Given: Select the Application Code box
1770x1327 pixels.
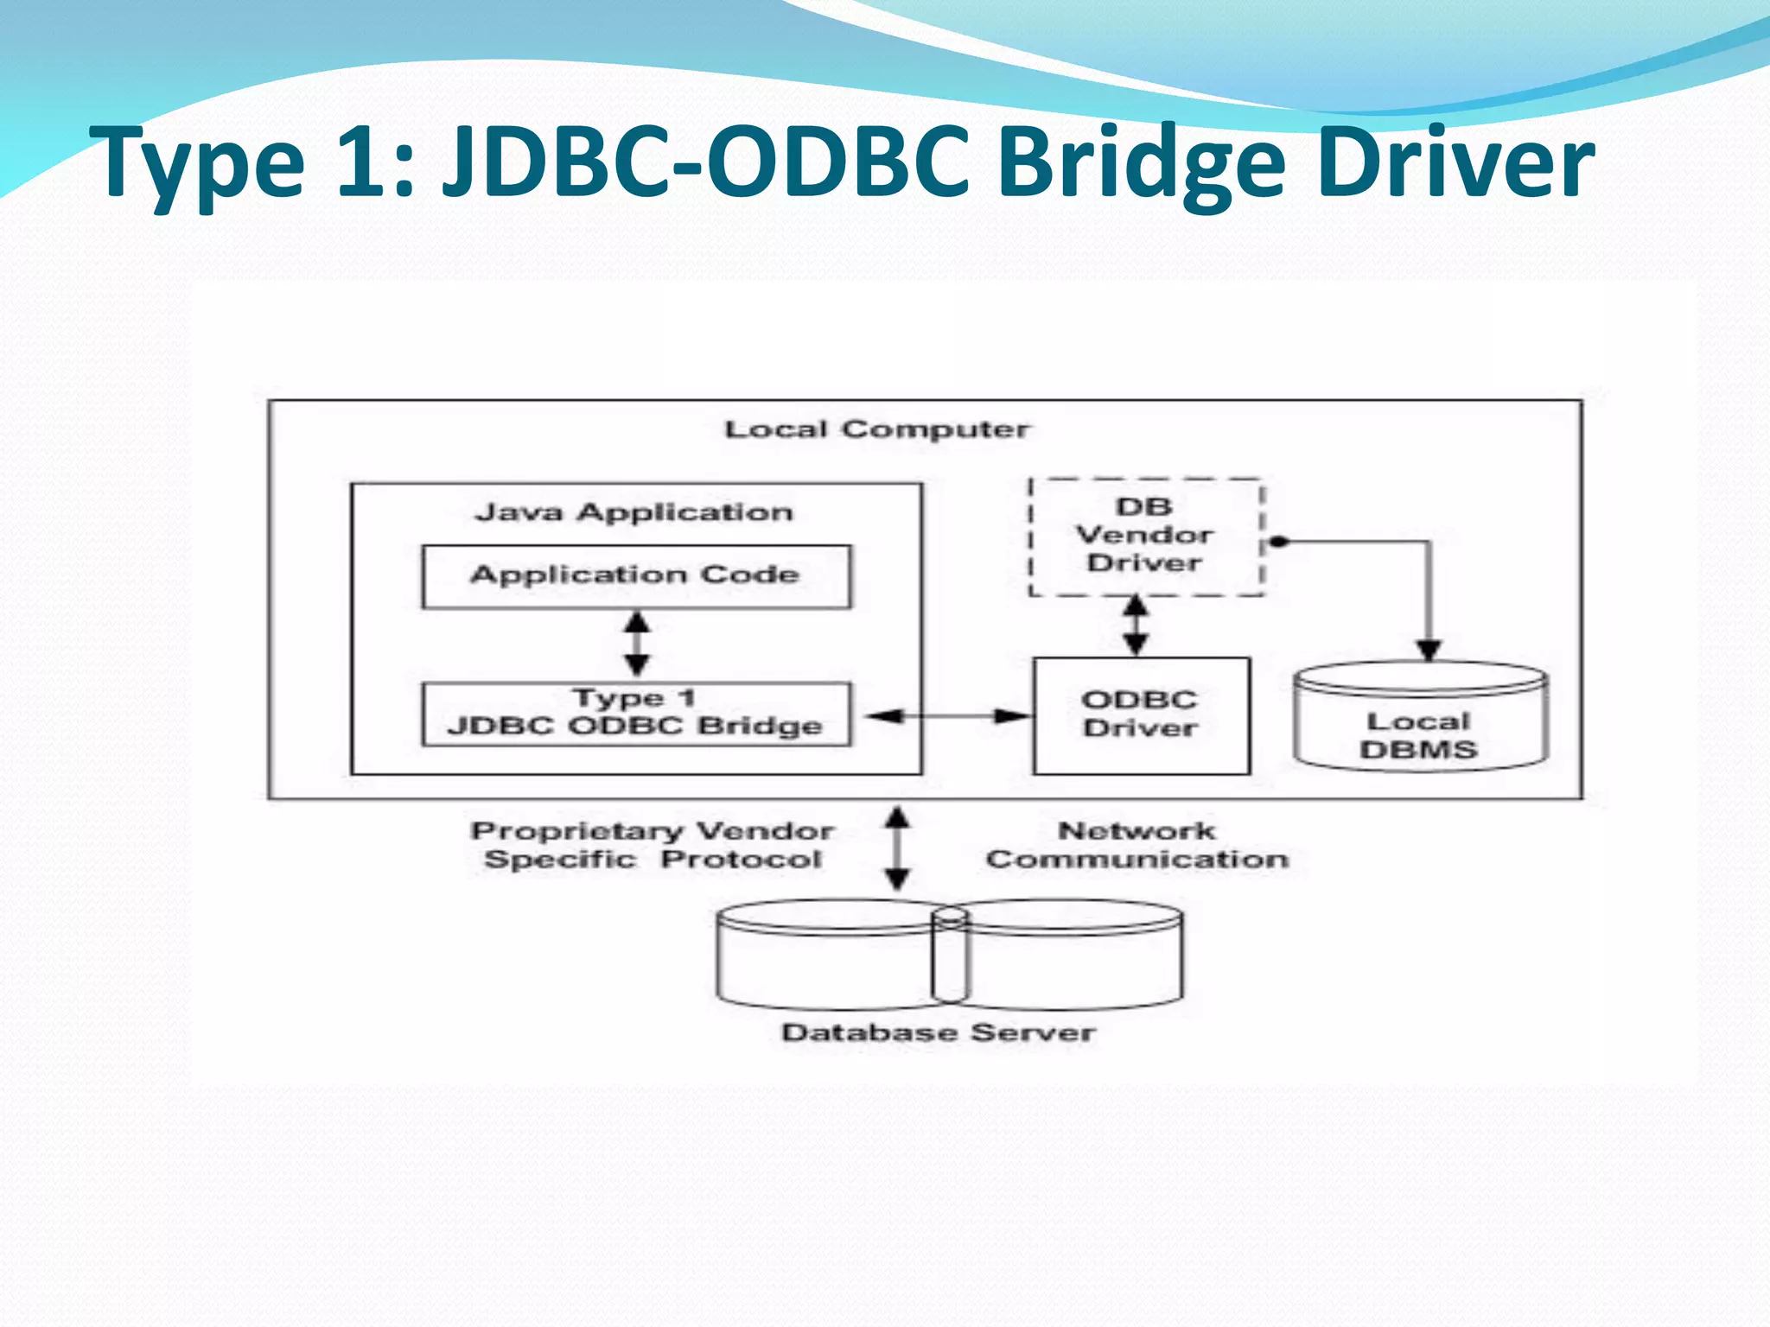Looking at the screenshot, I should pyautogui.click(x=636, y=576).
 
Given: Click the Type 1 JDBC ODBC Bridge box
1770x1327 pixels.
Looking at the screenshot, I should pyautogui.click(x=636, y=714).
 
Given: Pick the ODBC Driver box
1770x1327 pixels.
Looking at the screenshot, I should pyautogui.click(x=1141, y=715).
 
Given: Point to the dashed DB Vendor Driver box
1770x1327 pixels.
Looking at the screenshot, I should pyautogui.click(x=1145, y=536).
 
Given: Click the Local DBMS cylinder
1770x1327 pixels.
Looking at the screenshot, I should pyautogui.click(x=1420, y=717).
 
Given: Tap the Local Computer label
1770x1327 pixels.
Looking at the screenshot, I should pyautogui.click(x=876, y=429).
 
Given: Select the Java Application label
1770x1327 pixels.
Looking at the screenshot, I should pyautogui.click(x=634, y=512).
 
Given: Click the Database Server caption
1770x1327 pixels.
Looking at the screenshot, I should pyautogui.click(x=939, y=1032).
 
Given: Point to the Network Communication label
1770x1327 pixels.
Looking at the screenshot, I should pyautogui.click(x=1137, y=845).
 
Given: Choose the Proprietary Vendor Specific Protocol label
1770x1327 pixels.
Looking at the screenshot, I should pyautogui.click(x=652, y=845).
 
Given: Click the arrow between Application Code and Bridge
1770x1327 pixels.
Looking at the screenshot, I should pyautogui.click(x=637, y=644).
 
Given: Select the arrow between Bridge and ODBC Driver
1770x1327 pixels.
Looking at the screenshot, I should pyautogui.click(x=948, y=715).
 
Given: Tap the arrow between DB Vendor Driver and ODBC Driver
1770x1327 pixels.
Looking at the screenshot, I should pyautogui.click(x=1136, y=625).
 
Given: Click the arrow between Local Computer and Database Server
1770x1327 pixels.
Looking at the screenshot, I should pyautogui.click(x=897, y=848).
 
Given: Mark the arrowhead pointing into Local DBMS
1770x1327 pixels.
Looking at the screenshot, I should pyautogui.click(x=1429, y=650).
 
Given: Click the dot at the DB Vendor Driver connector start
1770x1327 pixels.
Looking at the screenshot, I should pyautogui.click(x=1280, y=542).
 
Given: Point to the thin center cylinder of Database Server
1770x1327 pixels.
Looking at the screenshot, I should pyautogui.click(x=950, y=955).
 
